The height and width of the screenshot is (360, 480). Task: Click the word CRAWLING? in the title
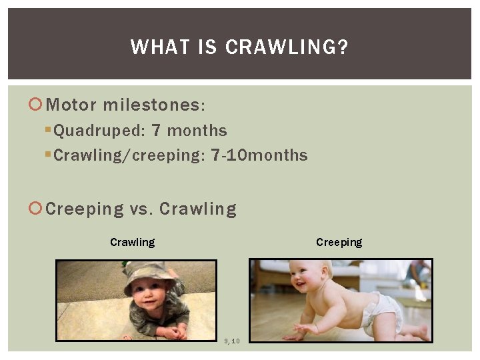tap(287, 47)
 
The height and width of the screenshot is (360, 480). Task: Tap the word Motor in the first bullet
tap(72, 105)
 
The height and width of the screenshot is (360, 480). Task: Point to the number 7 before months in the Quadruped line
tap(156, 131)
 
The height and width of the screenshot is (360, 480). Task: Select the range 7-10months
tap(259, 156)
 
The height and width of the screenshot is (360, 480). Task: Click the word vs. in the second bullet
tap(141, 209)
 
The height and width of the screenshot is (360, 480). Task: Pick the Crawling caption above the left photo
tap(132, 242)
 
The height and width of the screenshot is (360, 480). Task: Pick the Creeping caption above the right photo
tap(339, 242)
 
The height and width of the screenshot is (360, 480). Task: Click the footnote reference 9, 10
tap(232, 341)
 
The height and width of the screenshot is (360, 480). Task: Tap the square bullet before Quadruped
tap(48, 131)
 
